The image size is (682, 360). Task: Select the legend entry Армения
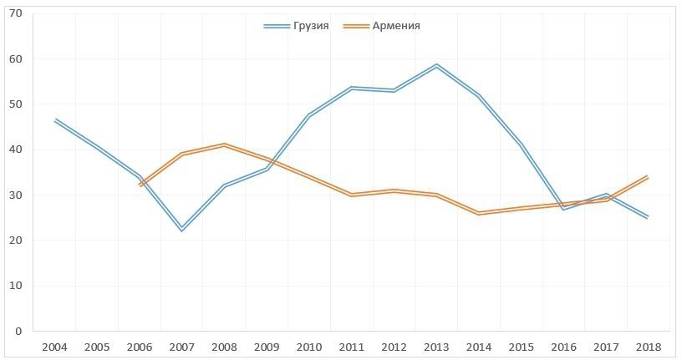[x=396, y=26]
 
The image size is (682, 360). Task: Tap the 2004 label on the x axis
[x=54, y=347]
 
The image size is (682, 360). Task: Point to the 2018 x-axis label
[x=648, y=347]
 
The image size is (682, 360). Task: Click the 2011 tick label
[x=351, y=347]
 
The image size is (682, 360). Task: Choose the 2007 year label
[x=181, y=347]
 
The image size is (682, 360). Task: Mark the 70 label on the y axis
[x=17, y=14]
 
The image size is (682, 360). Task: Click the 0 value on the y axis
[x=18, y=331]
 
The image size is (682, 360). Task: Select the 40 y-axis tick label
[x=17, y=150]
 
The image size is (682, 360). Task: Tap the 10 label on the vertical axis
[x=17, y=286]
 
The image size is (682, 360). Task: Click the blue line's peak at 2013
[x=436, y=65]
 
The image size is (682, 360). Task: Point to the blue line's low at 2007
[x=181, y=229]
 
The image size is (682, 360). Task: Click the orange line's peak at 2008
[x=224, y=145]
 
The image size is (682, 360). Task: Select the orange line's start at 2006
[x=139, y=185]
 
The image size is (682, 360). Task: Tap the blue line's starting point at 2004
[x=54, y=120]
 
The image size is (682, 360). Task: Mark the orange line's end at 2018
[x=648, y=177]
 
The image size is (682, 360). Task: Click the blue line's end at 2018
[x=648, y=217]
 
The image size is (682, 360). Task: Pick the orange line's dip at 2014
[x=478, y=213]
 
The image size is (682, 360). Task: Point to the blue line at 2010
[x=308, y=114]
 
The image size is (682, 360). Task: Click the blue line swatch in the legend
[x=276, y=26]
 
